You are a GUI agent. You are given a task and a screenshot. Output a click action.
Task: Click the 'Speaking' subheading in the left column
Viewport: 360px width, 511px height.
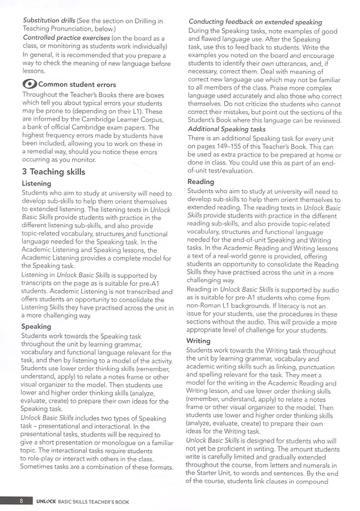(36, 326)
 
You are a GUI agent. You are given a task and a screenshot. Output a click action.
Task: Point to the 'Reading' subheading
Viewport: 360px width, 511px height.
(200, 182)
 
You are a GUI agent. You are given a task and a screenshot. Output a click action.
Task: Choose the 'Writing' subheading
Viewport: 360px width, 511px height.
(198, 341)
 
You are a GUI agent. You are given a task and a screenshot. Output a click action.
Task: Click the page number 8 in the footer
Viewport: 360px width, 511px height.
(21, 501)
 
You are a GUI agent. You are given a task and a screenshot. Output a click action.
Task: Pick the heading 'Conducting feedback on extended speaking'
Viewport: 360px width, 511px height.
(255, 22)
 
